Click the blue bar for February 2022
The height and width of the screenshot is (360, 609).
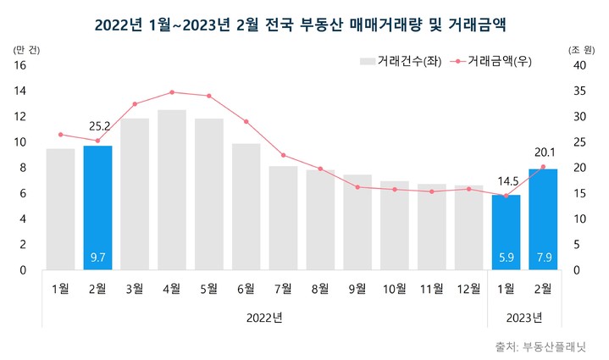coord(97,208)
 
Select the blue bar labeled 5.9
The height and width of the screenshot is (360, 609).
coord(506,232)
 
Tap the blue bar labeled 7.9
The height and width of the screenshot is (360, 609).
coord(543,219)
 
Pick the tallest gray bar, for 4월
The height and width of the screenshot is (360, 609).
coord(172,190)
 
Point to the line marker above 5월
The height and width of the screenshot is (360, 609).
coord(209,96)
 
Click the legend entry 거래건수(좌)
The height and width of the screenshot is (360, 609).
coord(398,61)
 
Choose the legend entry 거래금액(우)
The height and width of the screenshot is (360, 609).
coord(491,61)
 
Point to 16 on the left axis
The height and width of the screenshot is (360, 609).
coord(21,64)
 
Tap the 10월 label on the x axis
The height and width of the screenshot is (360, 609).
coord(395,289)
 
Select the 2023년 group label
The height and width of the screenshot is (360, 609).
coord(524,318)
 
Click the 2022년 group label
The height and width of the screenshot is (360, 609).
coord(264,318)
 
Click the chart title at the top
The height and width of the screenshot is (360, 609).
coord(304,19)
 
